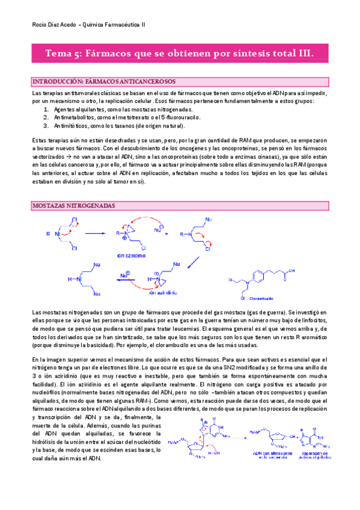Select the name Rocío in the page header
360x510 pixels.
38,25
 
